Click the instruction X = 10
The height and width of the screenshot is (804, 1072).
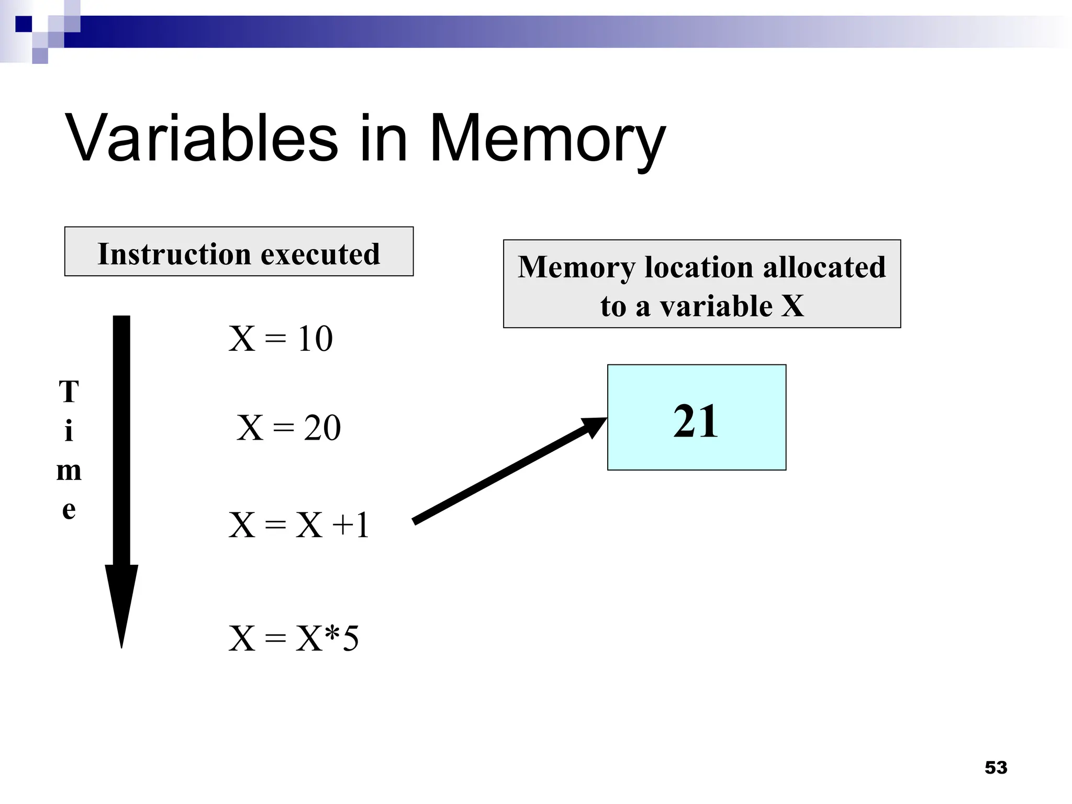click(x=281, y=339)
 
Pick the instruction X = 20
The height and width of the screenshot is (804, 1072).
click(x=288, y=428)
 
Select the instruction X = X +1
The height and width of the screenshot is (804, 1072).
click(x=299, y=525)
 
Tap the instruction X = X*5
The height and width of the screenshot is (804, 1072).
click(x=294, y=639)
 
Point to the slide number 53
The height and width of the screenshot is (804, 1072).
click(x=996, y=767)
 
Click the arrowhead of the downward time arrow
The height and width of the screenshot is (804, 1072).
click(x=121, y=602)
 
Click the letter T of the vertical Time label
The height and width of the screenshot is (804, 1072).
click(x=69, y=392)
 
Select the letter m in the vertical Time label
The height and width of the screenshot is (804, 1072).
click(x=69, y=471)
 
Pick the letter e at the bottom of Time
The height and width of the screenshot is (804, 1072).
click(x=69, y=510)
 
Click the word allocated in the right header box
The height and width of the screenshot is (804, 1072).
click(x=824, y=267)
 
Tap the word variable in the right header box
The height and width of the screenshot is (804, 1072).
click(x=716, y=306)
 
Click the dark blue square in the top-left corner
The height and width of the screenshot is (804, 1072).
click(x=24, y=24)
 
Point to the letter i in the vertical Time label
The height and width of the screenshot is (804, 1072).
click(x=69, y=431)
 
